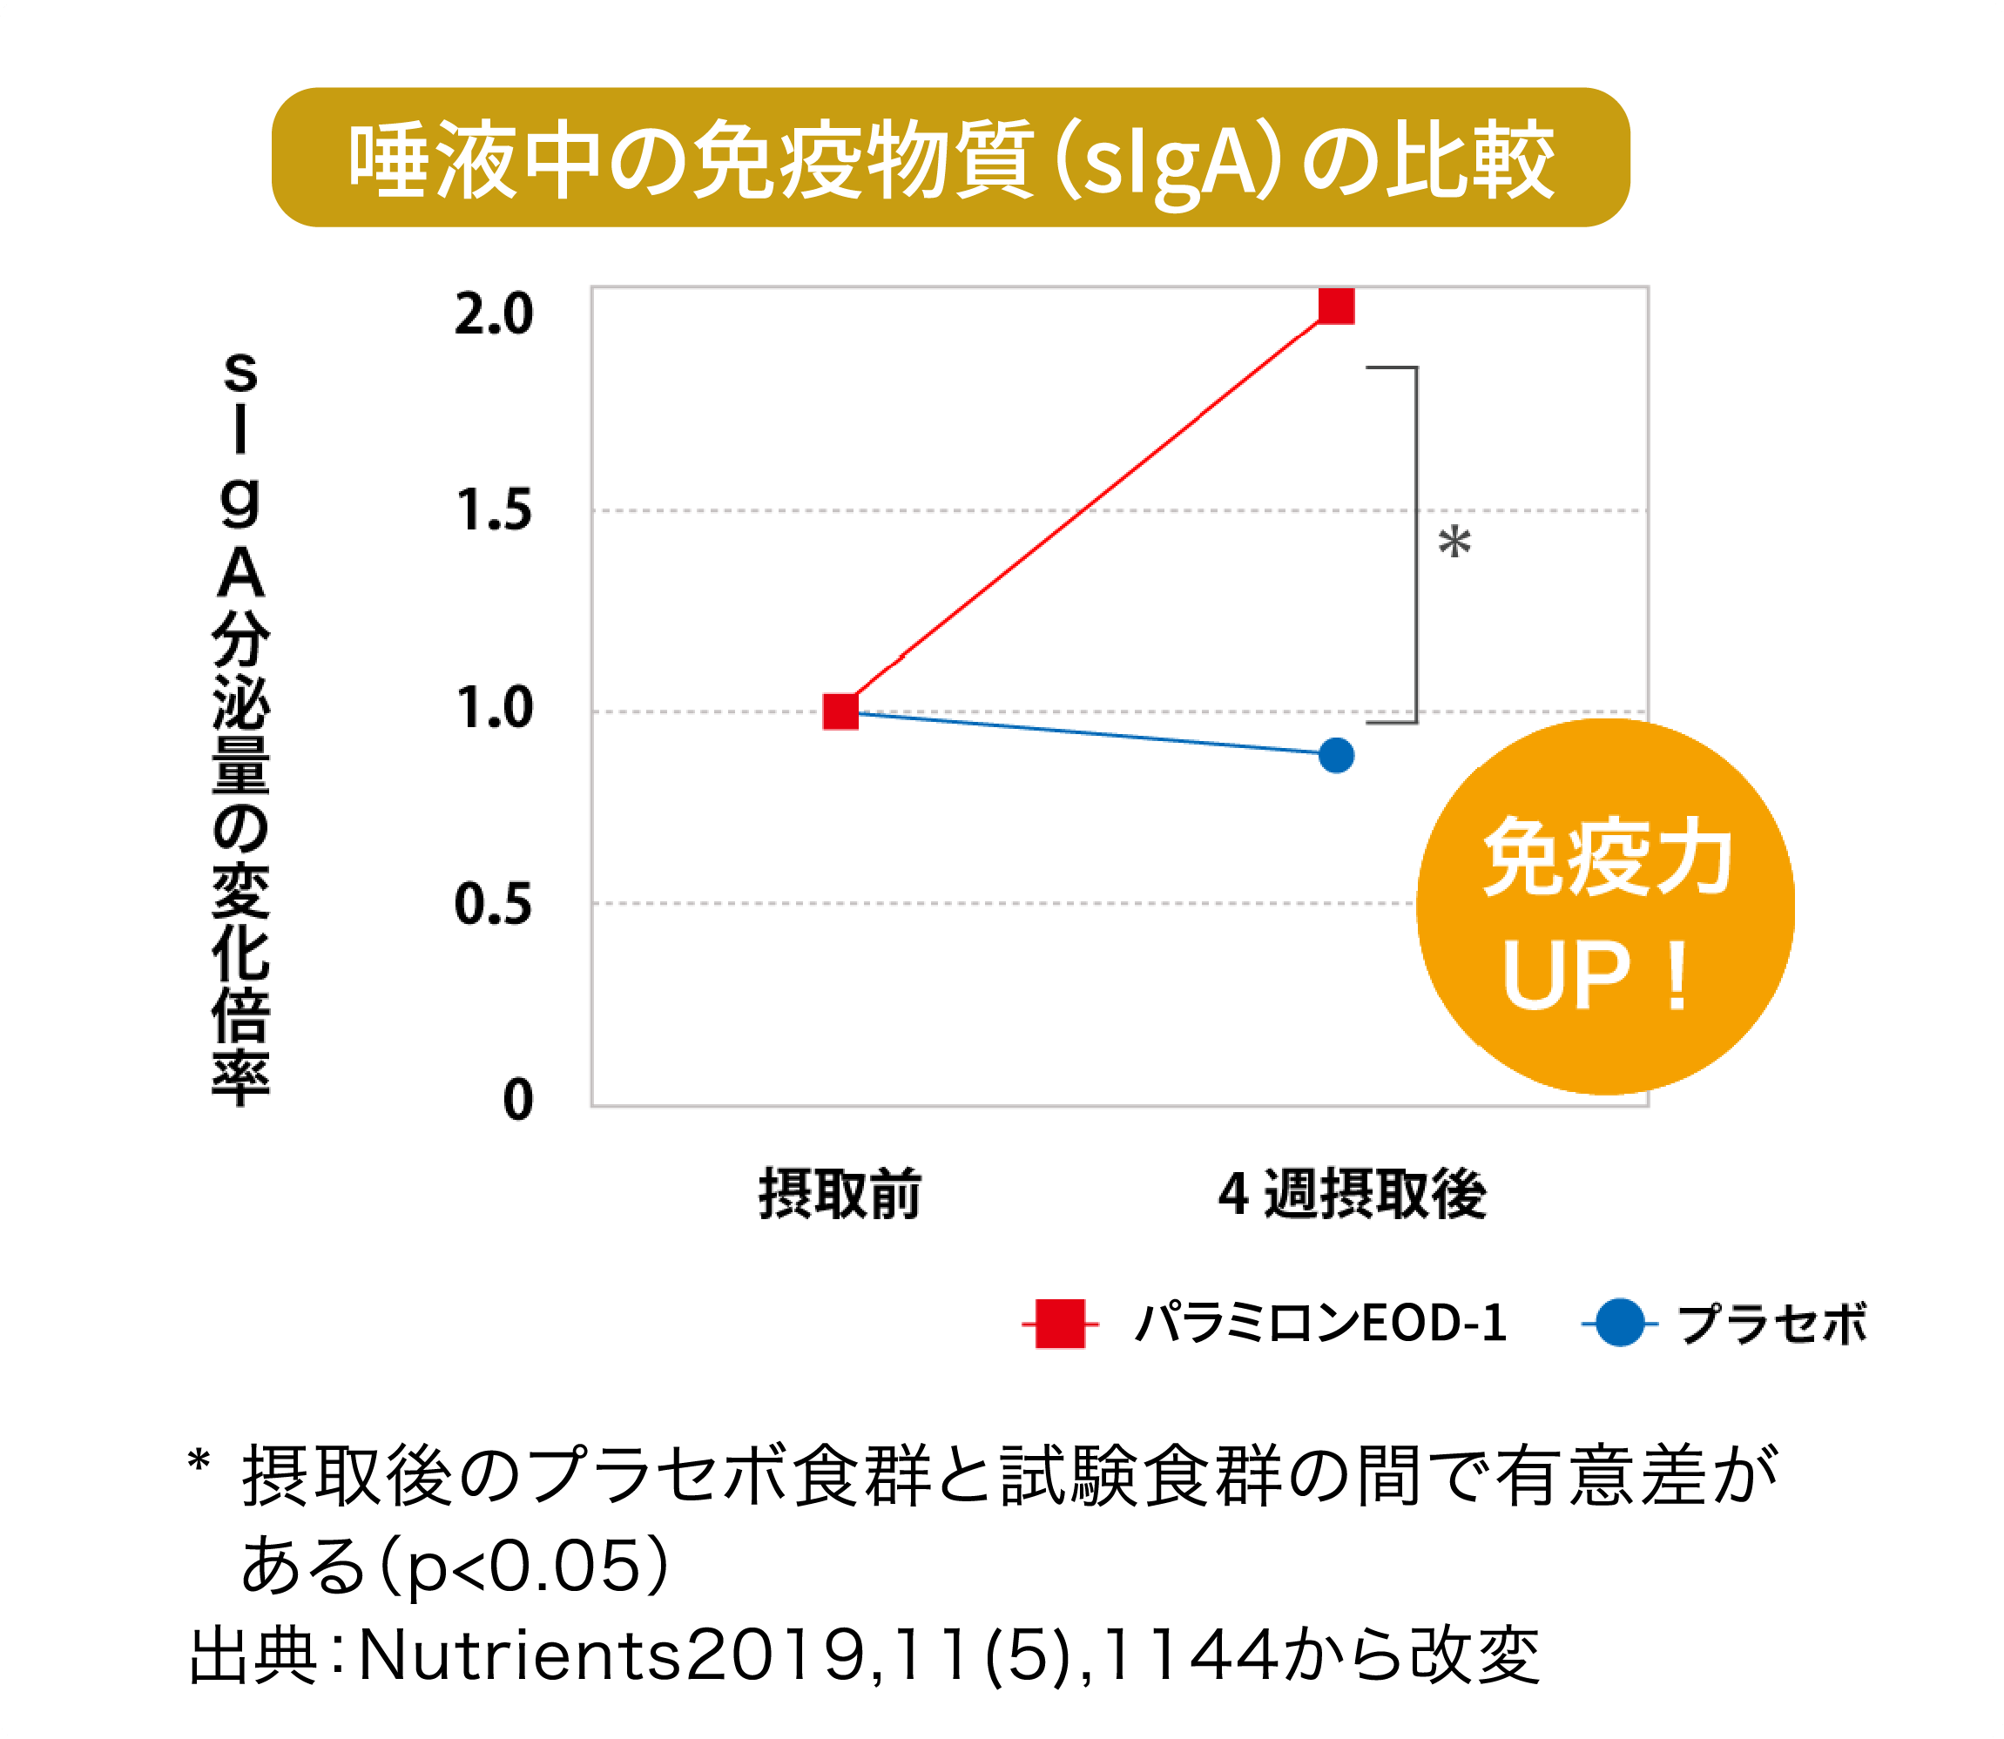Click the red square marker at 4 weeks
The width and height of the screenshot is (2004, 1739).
pos(1336,305)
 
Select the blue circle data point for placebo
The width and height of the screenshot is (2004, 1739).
pos(1336,755)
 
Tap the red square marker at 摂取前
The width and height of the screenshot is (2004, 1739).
pos(840,711)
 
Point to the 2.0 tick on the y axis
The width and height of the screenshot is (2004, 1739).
pos(494,314)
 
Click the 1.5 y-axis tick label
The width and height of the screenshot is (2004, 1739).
pos(494,510)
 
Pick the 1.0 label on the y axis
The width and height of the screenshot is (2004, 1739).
pos(494,709)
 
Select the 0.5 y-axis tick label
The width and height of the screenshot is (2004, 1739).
pos(494,905)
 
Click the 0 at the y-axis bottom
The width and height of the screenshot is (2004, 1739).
pos(518,1101)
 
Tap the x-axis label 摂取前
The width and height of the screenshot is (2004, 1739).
pos(840,1195)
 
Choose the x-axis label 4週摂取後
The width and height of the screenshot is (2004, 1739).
pos(1352,1195)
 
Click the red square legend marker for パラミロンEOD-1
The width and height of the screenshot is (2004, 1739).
pos(1060,1324)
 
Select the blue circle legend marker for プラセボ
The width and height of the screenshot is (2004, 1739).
pos(1619,1323)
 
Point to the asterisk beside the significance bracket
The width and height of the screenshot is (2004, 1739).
pos(1454,542)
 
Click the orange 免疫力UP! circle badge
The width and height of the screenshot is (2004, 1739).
pos(1605,907)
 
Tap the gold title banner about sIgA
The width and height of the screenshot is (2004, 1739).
pos(950,158)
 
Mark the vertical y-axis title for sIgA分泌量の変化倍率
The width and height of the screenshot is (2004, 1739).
pos(240,728)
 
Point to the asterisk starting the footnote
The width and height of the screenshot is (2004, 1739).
pos(198,1461)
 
